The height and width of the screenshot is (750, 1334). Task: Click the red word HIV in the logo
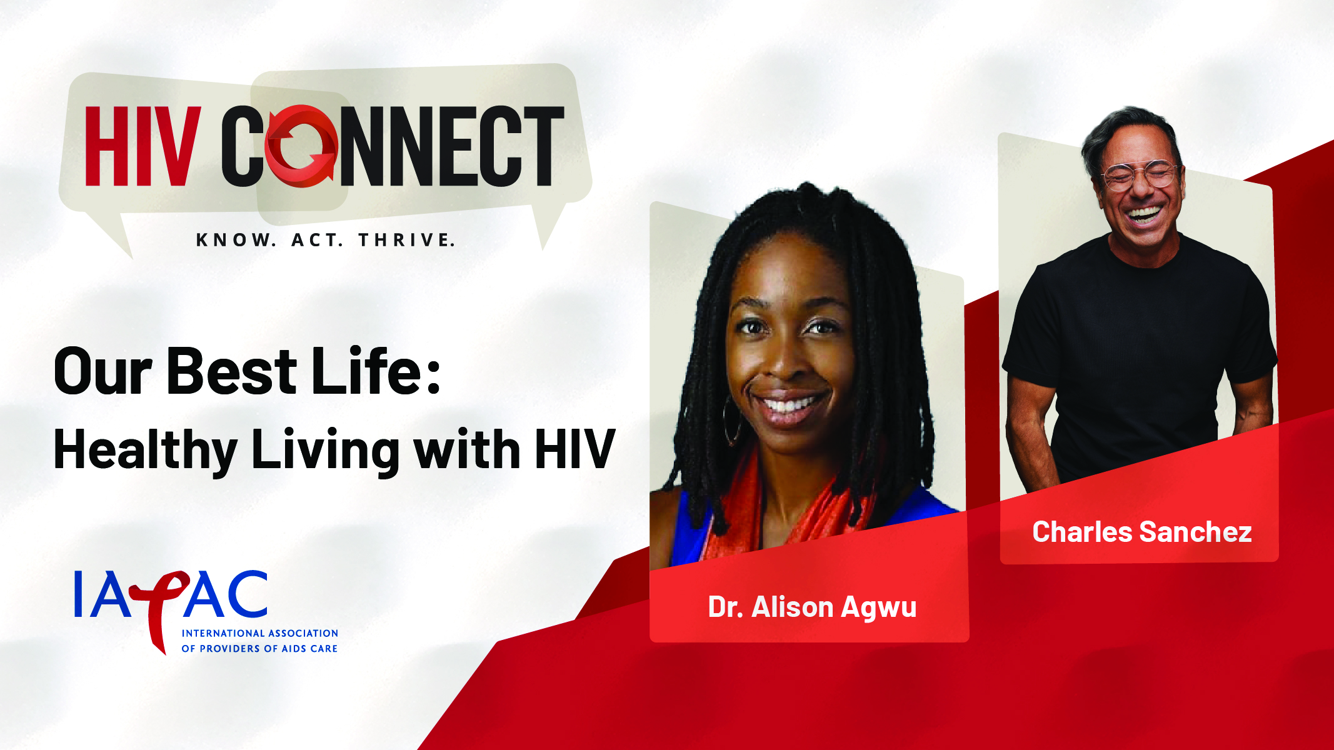point(143,146)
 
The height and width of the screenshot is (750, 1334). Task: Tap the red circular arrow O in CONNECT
point(301,146)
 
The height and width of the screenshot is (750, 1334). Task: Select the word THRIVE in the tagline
point(406,240)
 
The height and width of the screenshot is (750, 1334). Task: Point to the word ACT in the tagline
point(318,240)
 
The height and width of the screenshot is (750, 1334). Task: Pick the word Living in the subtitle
point(325,451)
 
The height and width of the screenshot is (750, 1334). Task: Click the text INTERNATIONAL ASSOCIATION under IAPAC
point(259,633)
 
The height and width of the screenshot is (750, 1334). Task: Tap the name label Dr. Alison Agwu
point(812,607)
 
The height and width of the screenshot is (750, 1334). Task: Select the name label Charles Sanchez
point(1141,532)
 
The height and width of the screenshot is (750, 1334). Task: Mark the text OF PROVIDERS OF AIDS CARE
point(259,649)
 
